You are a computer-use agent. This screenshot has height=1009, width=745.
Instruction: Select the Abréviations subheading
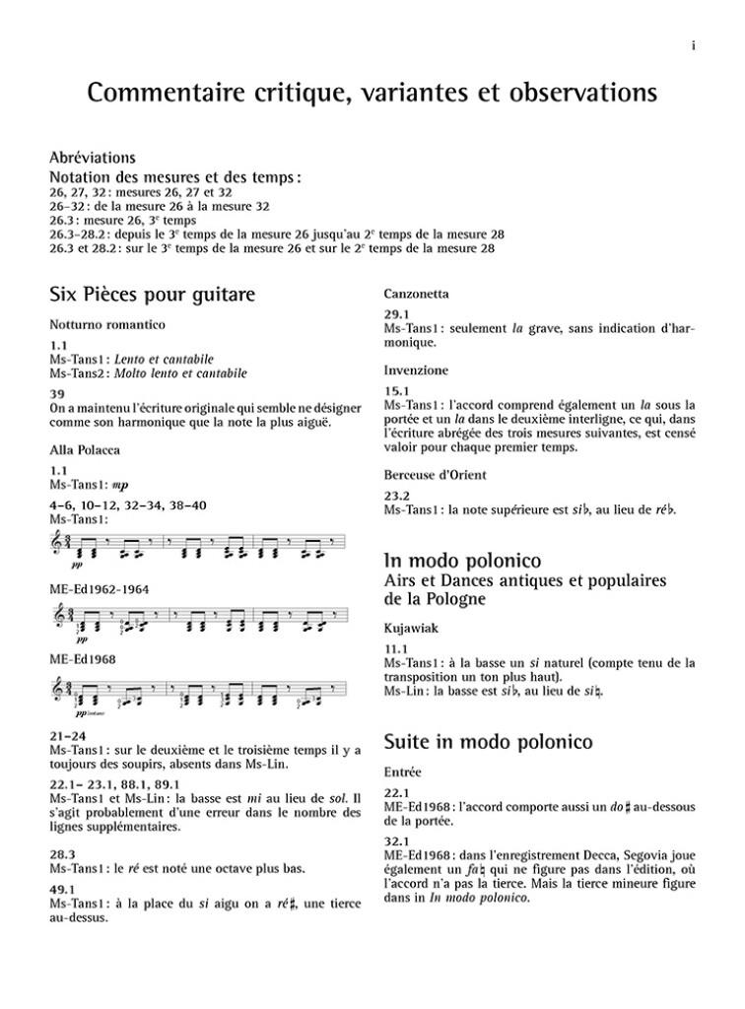click(92, 158)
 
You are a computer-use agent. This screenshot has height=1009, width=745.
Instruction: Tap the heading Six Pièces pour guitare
click(152, 295)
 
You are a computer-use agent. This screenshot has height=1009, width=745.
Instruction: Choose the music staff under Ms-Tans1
click(197, 543)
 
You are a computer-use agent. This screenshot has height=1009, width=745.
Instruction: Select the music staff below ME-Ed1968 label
click(197, 694)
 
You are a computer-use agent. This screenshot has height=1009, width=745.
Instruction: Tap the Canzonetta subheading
click(416, 294)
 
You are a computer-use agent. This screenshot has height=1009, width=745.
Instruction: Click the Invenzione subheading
click(416, 370)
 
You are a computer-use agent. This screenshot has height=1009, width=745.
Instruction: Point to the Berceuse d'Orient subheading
click(436, 475)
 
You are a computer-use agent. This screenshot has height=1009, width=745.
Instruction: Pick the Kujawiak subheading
click(411, 626)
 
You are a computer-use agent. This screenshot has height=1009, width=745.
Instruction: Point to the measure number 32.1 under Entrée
click(397, 841)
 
